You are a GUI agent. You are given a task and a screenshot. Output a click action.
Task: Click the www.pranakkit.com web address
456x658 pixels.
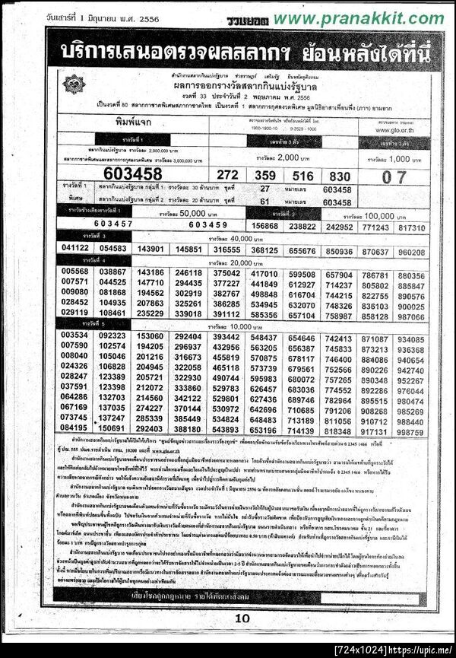click(359, 17)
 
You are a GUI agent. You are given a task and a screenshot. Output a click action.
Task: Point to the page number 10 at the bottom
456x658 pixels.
click(241, 618)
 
